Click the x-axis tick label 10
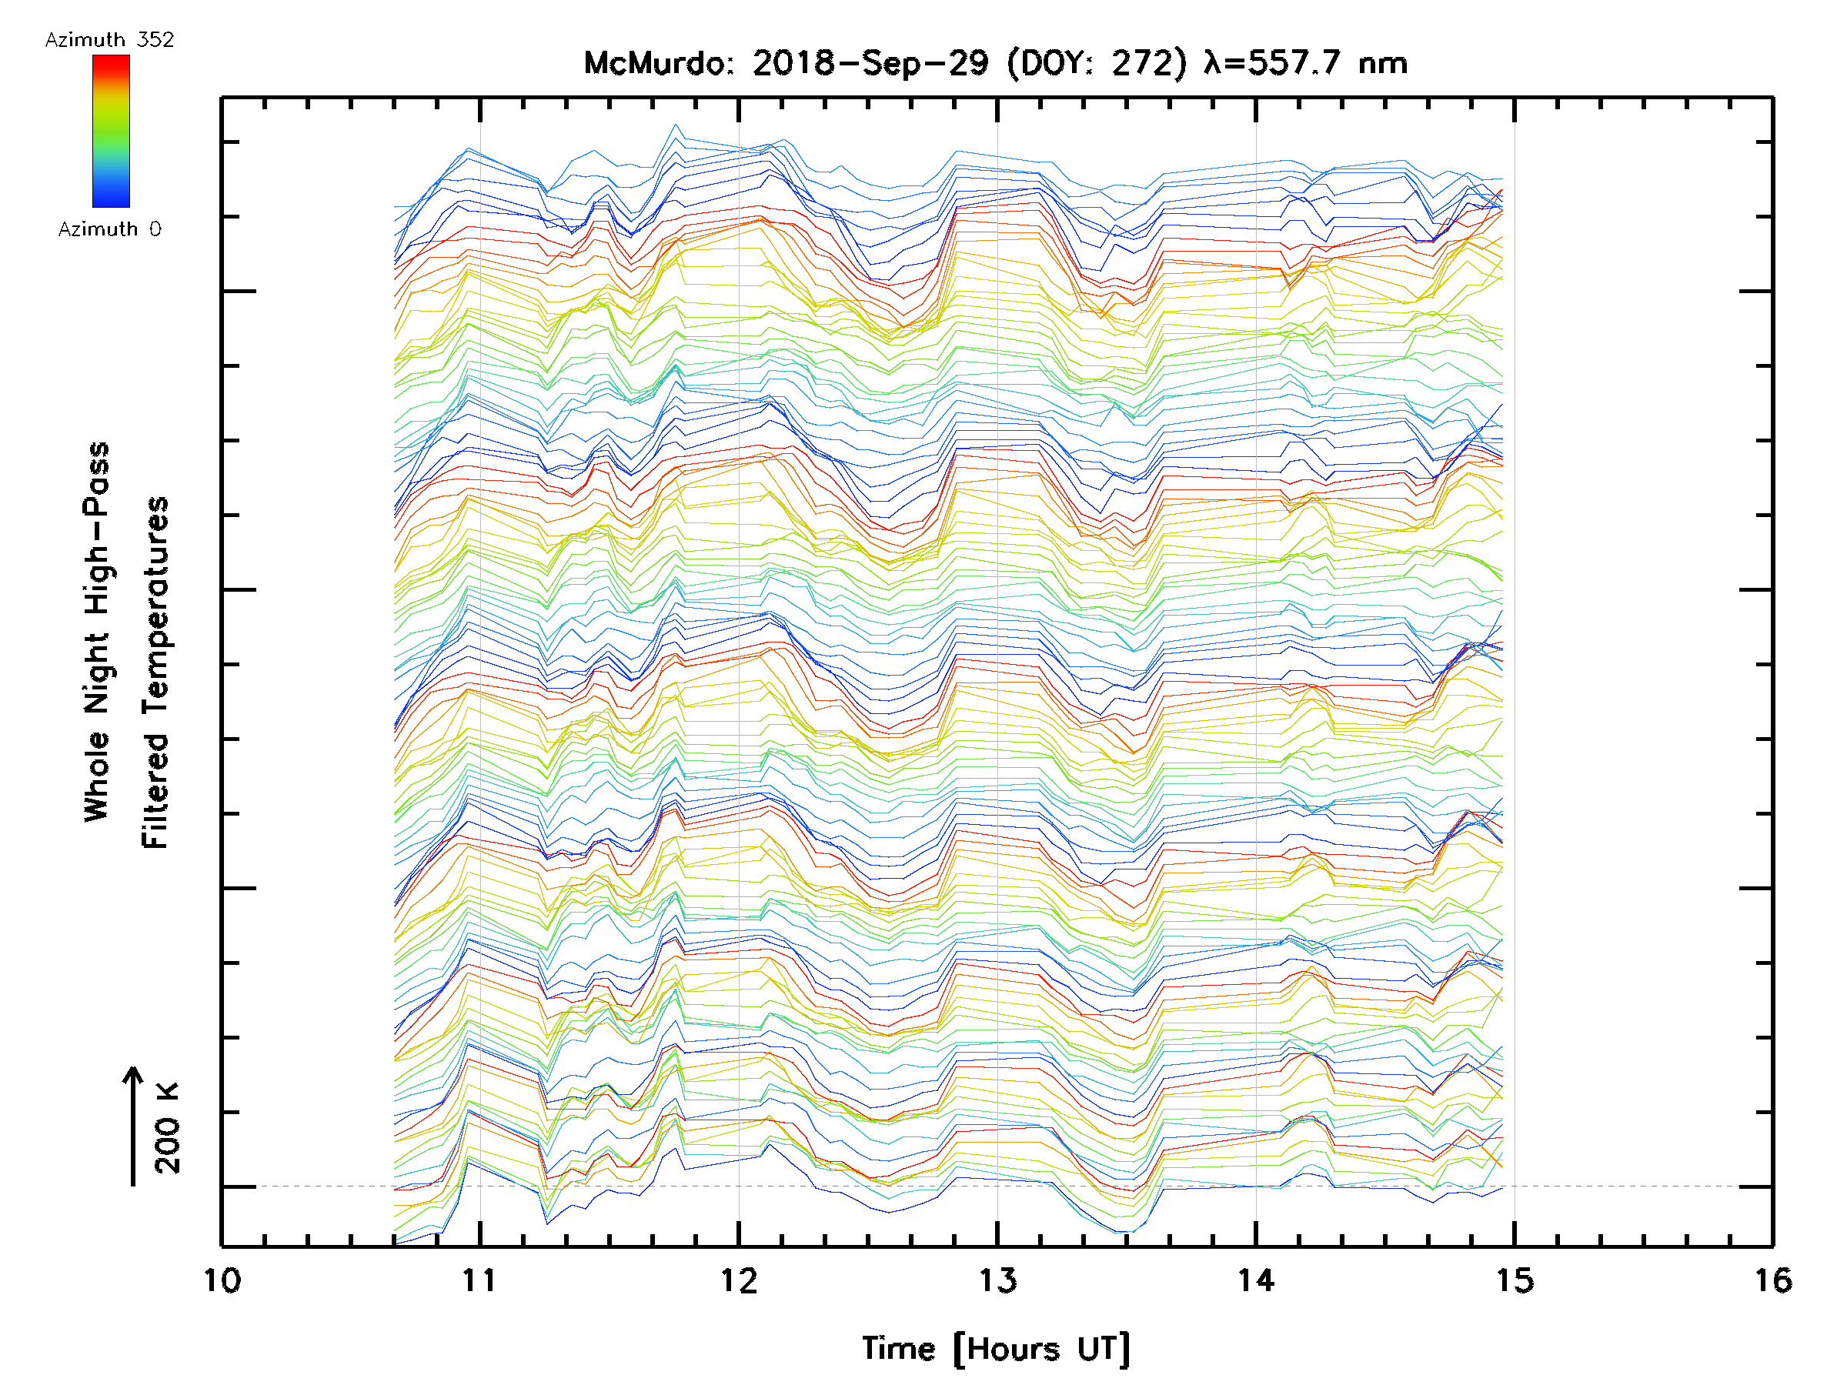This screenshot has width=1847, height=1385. click(222, 1280)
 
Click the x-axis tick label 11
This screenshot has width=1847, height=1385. click(479, 1280)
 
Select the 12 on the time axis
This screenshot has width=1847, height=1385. click(739, 1280)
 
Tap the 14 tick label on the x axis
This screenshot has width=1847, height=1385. click(1256, 1280)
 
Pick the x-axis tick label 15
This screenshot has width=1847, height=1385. click(1514, 1280)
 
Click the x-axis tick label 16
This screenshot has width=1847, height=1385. click(1772, 1280)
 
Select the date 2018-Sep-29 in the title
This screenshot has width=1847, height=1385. click(870, 63)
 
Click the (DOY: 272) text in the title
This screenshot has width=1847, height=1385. click(1097, 63)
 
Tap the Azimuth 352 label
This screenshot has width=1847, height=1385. click(109, 40)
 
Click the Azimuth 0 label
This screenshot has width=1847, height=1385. click(109, 229)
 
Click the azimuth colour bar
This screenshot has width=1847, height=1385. click(111, 131)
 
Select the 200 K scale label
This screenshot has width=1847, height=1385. click(168, 1128)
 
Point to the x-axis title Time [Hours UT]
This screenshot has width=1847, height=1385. click(996, 1349)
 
